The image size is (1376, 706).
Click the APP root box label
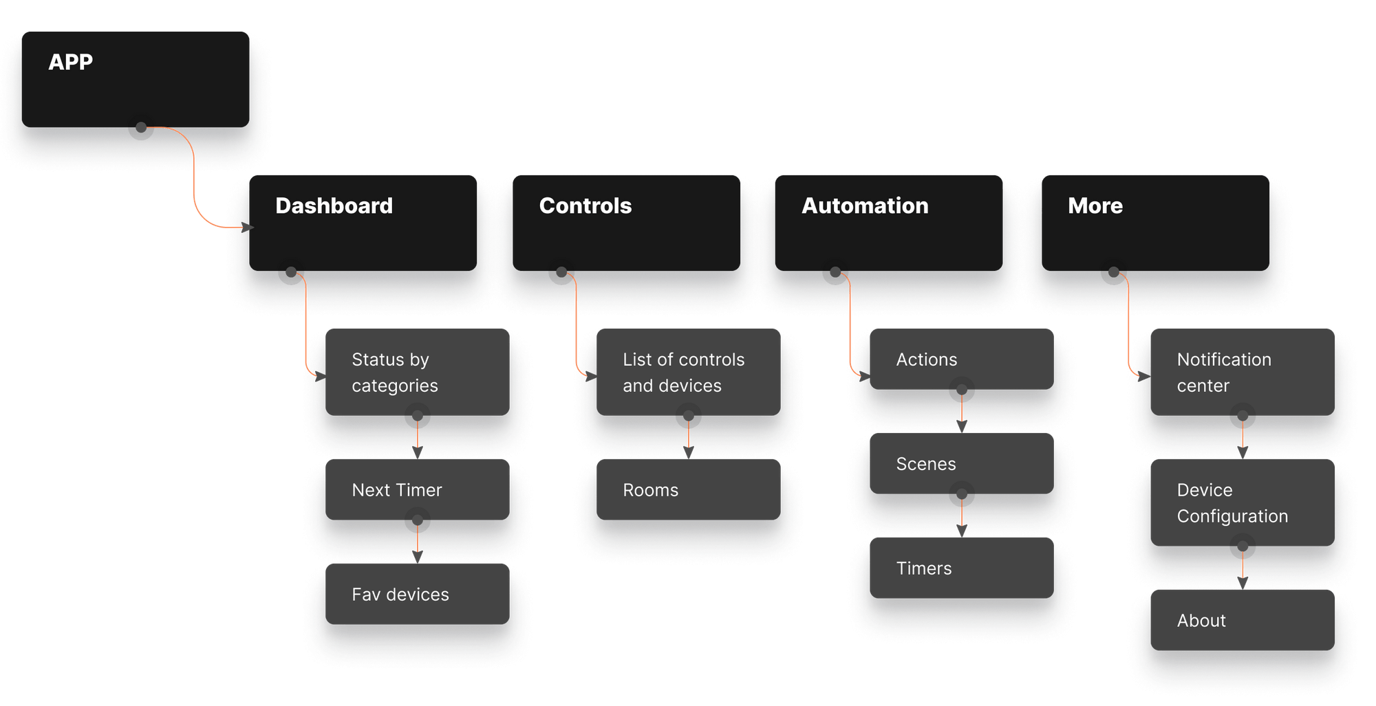71,62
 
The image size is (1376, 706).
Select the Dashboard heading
334,206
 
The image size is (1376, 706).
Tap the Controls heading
585,206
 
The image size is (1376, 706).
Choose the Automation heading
865,206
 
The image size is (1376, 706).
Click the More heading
1095,206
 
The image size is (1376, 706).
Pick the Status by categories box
417,372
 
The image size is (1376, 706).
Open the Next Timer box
417,489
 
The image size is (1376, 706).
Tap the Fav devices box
417,594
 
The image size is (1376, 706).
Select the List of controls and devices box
688,372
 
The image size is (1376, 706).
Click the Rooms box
688,489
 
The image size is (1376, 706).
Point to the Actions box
961,359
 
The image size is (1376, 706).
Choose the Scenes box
961,463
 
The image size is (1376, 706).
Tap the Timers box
961,568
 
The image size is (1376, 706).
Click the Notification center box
1242,372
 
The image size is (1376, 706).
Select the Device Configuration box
1242,503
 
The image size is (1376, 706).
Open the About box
1242,620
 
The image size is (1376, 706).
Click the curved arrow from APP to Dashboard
194,179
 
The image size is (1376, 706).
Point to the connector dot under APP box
141,128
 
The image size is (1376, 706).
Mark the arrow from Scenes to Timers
962,516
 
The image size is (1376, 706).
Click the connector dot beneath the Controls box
561,272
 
